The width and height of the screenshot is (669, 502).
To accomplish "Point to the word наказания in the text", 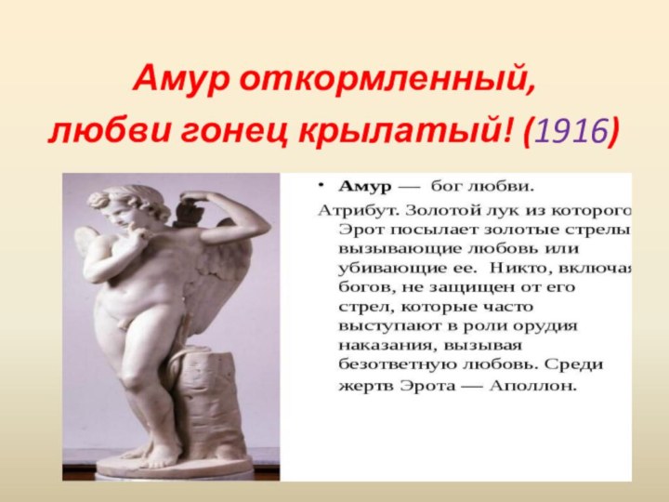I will [379, 345].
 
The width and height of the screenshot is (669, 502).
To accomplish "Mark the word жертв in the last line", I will [361, 383].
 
